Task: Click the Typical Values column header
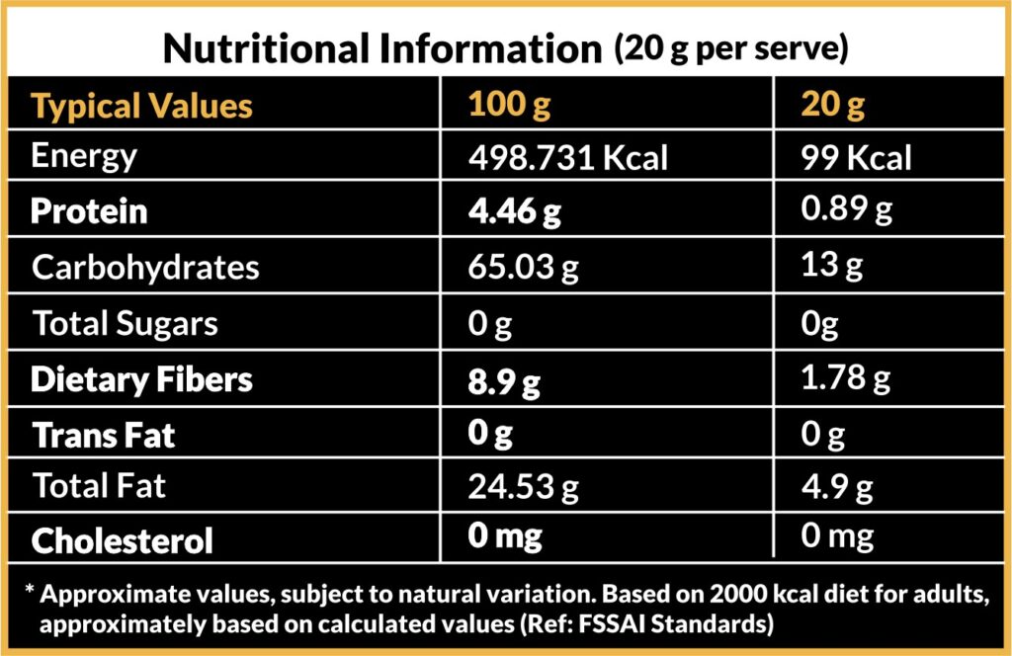coord(141,106)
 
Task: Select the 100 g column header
coord(510,105)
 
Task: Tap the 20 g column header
coord(834,105)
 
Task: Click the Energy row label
coord(84,156)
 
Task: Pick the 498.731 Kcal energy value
coord(568,158)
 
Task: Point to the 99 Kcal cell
coord(857,158)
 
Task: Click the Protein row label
coord(89,211)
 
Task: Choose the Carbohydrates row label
coord(145,268)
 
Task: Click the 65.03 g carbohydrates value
coord(524,268)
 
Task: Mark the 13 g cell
coord(834,267)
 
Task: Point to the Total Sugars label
coord(125,323)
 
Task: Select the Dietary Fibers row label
coord(141,379)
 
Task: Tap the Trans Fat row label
coord(104,435)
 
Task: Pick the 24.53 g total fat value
coord(524,486)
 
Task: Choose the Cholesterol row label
coord(122,540)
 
